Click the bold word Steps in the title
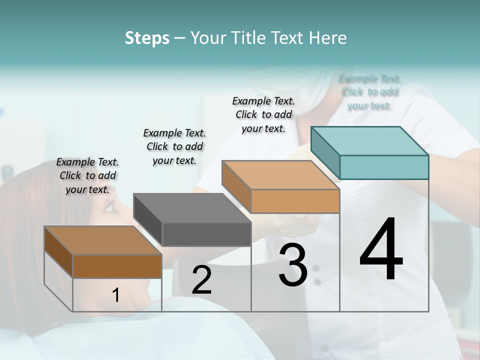147,38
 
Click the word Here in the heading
327,38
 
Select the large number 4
381,249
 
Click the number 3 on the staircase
293,265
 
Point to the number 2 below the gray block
201,280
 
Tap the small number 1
116,295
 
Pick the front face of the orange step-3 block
295,201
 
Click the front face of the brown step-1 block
117,266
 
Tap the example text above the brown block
87,175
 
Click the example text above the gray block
174,146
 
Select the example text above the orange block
263,114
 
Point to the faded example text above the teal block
369,92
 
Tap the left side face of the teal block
325,152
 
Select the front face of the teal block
384,167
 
